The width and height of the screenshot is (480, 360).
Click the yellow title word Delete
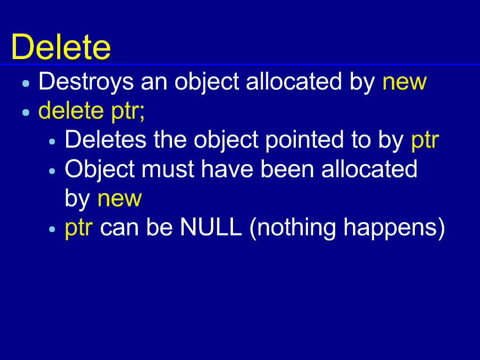pos(61,47)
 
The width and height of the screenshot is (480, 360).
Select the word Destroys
pos(86,82)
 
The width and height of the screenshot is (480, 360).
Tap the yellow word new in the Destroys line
pos(405,82)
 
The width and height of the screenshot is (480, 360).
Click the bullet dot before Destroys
pos(26,83)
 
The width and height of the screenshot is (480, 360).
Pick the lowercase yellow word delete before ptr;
pos(71,111)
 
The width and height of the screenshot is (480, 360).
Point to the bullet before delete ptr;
pos(26,112)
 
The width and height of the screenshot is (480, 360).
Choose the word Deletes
pos(105,140)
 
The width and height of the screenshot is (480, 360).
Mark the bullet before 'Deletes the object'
pos(52,142)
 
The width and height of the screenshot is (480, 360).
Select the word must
pos(168,170)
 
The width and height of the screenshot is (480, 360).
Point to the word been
pos(287,169)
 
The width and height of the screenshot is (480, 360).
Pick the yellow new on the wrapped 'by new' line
pos(120,199)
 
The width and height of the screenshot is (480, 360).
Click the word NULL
pos(211,227)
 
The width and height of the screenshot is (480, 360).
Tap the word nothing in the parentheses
pos(296,228)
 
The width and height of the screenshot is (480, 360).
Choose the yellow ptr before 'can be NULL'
pos(79,229)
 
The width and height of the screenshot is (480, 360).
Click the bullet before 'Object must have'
pos(52,171)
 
